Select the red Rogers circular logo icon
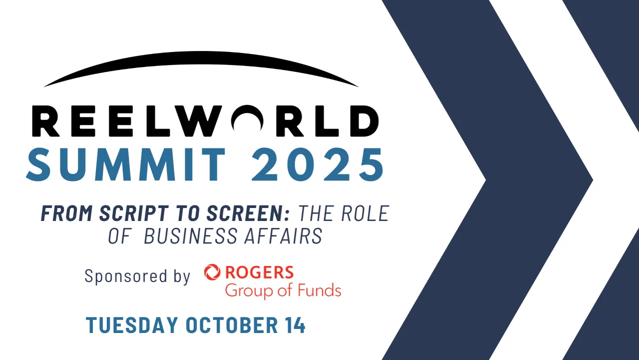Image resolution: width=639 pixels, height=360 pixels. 212,272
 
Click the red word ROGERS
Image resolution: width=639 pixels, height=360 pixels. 259,272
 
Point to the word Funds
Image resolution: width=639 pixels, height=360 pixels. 319,290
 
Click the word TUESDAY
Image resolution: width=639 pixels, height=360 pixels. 132,325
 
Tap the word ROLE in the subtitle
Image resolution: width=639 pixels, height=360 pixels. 365,214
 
